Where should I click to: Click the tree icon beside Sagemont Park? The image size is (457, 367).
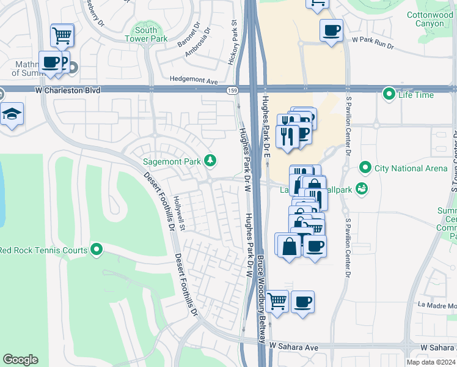(211, 160)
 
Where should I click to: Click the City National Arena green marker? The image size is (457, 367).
(365, 167)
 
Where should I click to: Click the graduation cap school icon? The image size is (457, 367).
(12, 115)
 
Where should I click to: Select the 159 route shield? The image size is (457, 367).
(232, 91)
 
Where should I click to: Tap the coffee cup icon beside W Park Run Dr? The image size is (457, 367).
(331, 30)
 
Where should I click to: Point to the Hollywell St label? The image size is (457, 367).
(181, 209)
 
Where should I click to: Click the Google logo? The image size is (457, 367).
(20, 359)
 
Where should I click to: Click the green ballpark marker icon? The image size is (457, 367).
(362, 188)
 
